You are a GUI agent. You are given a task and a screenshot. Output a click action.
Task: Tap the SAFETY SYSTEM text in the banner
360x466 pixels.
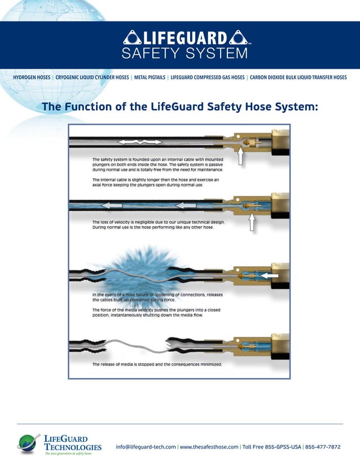(185, 54)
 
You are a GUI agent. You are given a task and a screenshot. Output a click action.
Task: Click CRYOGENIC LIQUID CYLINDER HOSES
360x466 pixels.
(93, 77)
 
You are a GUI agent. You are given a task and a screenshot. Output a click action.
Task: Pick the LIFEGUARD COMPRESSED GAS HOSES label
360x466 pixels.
(208, 77)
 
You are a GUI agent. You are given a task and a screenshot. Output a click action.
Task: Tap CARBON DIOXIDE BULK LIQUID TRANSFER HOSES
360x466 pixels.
(298, 77)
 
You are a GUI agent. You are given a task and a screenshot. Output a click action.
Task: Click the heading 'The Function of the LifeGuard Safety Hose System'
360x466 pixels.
(180, 107)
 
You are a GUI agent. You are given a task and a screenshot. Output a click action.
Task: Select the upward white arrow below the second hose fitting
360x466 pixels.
(252, 222)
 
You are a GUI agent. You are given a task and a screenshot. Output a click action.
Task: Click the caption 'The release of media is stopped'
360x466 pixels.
(157, 364)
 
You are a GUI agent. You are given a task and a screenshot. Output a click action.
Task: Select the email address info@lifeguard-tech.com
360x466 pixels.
(146, 447)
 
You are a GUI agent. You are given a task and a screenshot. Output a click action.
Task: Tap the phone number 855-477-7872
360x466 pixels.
(323, 447)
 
